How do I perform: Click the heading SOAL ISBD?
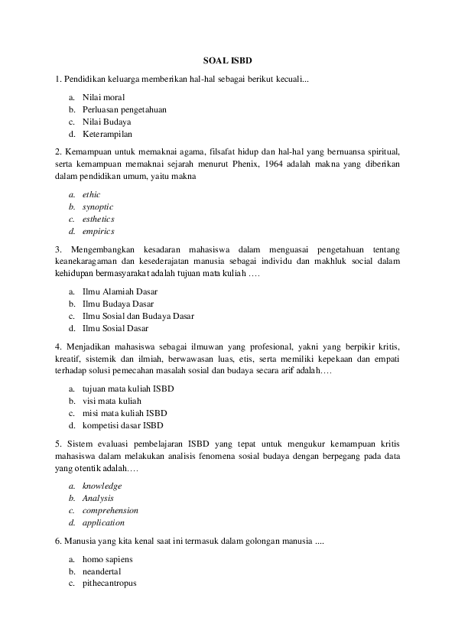click(x=227, y=59)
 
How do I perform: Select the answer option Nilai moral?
click(x=103, y=97)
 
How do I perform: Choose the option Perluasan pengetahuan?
click(x=125, y=109)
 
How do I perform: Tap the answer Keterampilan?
click(x=107, y=133)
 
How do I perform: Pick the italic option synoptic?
click(x=98, y=207)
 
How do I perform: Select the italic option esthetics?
click(x=99, y=219)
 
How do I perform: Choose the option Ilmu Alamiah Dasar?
click(x=119, y=291)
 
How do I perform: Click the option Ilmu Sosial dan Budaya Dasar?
click(x=138, y=316)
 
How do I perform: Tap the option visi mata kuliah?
click(x=112, y=401)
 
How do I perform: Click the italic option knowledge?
click(x=102, y=486)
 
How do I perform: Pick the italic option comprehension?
click(x=110, y=510)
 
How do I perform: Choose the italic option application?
click(x=103, y=522)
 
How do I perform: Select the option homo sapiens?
click(x=108, y=559)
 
